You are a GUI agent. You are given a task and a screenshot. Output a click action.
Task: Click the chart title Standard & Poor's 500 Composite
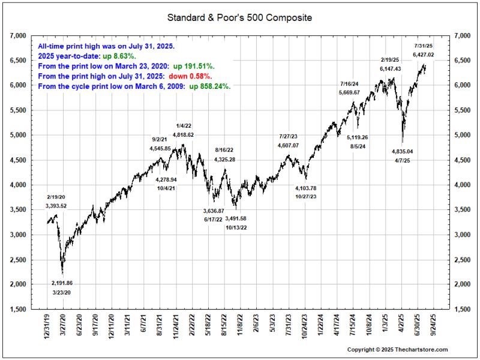coord(240,18)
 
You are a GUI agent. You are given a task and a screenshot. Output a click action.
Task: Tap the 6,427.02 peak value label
coord(424,55)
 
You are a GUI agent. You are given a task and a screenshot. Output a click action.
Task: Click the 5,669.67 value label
coord(349,92)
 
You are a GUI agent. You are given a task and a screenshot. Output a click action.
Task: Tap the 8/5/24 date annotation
coord(357,146)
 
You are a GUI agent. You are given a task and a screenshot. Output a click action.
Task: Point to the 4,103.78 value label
coord(305,188)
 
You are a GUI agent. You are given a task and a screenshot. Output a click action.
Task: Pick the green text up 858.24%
coord(210,86)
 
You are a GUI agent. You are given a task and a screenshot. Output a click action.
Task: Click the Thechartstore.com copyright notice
coord(398,349)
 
